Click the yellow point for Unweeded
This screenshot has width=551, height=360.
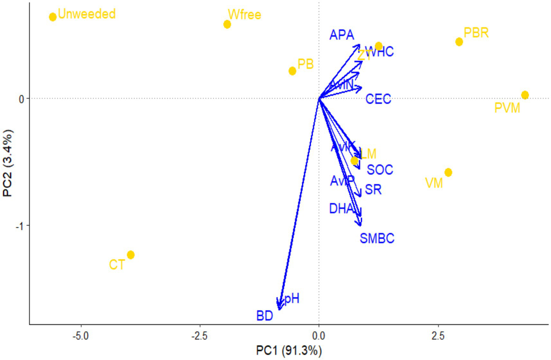pyautogui.click(x=53, y=17)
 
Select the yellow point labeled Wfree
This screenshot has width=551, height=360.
pyautogui.click(x=227, y=24)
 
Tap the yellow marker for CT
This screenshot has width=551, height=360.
pyautogui.click(x=131, y=255)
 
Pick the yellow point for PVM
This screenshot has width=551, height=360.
pyautogui.click(x=525, y=95)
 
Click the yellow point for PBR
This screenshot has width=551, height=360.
pyautogui.click(x=459, y=42)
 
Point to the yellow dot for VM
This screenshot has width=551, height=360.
pyautogui.click(x=448, y=173)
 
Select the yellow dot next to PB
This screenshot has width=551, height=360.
pyautogui.click(x=292, y=71)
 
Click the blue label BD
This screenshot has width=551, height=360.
pyautogui.click(x=265, y=316)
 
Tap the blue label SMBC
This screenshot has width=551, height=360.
pyautogui.click(x=377, y=238)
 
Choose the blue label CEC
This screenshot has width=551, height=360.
pyautogui.click(x=378, y=99)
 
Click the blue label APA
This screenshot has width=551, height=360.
pyautogui.click(x=342, y=35)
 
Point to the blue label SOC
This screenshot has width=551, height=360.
pyautogui.click(x=380, y=170)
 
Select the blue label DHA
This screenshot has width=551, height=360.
pyautogui.click(x=341, y=209)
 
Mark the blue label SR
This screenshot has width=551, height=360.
pyautogui.click(x=373, y=190)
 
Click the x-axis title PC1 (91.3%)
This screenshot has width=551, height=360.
pyautogui.click(x=289, y=350)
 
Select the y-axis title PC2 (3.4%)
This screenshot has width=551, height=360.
pyautogui.click(x=8, y=163)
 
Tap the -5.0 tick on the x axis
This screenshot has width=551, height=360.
pyautogui.click(x=81, y=336)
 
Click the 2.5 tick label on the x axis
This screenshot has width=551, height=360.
pyautogui.click(x=438, y=336)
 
